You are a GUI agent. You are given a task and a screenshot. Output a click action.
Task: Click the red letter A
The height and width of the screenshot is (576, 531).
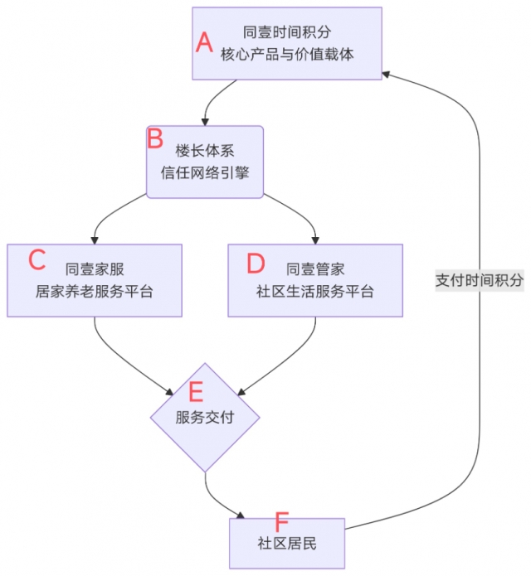[x=204, y=42]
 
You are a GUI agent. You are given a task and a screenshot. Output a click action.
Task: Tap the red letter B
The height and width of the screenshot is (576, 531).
[x=155, y=138]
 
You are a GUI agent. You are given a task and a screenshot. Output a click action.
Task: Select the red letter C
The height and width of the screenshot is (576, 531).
[x=37, y=259]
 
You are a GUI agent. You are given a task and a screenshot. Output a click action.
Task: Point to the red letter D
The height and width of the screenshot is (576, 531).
[x=256, y=263]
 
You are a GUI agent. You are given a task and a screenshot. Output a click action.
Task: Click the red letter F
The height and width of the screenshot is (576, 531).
[x=281, y=523]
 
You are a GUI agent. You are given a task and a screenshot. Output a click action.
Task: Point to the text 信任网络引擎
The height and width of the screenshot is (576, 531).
[x=205, y=173]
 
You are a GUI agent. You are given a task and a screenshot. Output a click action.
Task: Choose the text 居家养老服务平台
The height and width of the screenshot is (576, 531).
[x=95, y=292]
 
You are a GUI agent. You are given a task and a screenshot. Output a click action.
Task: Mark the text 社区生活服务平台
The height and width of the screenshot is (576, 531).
[x=315, y=292]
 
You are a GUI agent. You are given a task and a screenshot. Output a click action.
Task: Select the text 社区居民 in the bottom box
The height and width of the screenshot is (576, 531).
[x=287, y=544]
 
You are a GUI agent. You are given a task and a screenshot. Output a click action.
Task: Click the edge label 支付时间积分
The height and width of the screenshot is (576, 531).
[x=480, y=280]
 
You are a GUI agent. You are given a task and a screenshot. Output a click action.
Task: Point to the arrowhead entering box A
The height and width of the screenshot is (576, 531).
[x=387, y=73]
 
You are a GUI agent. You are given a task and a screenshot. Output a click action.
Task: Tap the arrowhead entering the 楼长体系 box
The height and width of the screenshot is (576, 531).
[x=205, y=120]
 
